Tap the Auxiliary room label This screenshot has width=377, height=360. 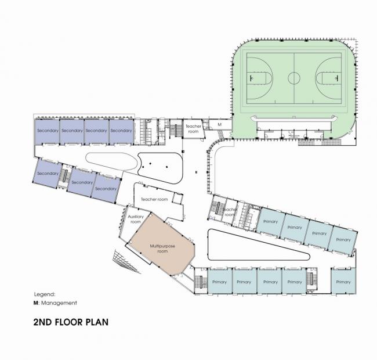click(135, 219)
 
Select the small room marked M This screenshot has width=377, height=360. click(219, 124)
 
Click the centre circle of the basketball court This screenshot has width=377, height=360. click(294, 77)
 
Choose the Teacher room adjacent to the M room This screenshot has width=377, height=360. click(193, 129)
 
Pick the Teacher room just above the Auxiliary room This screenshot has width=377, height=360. click(154, 199)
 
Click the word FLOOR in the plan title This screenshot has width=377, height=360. click(77, 321)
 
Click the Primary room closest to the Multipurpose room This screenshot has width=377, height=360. click(219, 282)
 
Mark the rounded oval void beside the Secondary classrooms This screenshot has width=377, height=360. click(112, 161)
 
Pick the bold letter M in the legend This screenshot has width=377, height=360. click(35, 303)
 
